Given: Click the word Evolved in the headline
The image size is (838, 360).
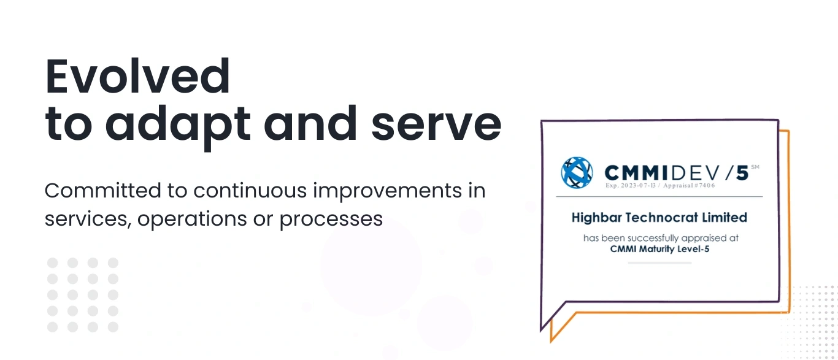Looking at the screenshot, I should tap(138, 77).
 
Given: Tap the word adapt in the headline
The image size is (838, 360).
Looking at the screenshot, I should tap(177, 125).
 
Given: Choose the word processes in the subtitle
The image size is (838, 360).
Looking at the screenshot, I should tap(331, 220).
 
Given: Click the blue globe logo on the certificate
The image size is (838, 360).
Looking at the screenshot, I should tap(577, 172).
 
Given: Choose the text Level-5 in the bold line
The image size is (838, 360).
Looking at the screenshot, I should tap(694, 249).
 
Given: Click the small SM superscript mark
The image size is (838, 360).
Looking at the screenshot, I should tap(755, 166).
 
